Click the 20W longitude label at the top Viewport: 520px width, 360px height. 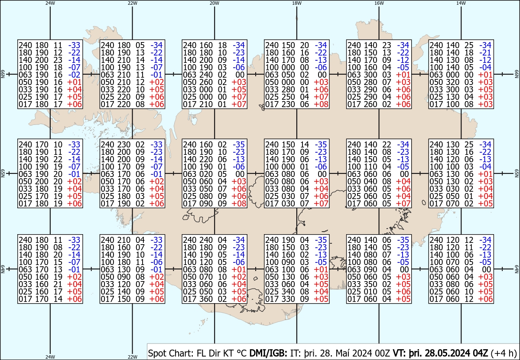pos(214,3)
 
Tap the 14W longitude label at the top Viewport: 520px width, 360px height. pos(461,3)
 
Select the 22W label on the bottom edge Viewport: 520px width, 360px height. pos(132,357)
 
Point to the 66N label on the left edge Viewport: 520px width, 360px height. pos(3,74)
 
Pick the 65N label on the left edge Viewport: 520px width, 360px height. pos(3,173)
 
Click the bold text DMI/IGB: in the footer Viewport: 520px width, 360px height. pos(268,353)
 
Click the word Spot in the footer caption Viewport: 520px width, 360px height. pos(156,353)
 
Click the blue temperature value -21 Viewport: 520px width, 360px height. pos(485,52)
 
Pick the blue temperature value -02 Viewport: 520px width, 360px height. pos(74,75)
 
